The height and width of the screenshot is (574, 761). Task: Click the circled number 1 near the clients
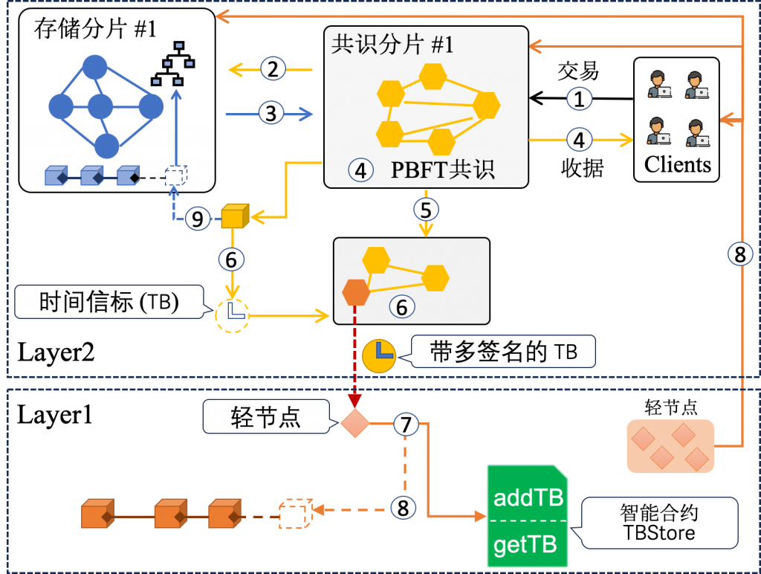pos(580,98)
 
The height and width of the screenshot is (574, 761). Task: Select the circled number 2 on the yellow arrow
pos(273,70)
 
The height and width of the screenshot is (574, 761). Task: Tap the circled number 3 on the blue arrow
pos(271,114)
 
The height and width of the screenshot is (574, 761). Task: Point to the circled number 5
pos(425,210)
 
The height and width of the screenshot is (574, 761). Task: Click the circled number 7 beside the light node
pos(406,425)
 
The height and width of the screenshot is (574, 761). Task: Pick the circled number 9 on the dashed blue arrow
pos(197,219)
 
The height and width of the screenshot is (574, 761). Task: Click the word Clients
pos(677,164)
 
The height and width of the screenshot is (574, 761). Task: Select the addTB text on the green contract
pos(528,497)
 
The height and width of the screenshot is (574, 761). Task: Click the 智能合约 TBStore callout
pos(658,523)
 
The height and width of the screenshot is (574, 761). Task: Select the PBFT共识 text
pos(442,170)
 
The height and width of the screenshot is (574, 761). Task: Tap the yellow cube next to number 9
pos(233,216)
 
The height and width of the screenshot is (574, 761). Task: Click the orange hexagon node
pos(356,292)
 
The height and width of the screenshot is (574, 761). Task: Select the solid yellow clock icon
pos(379,355)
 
